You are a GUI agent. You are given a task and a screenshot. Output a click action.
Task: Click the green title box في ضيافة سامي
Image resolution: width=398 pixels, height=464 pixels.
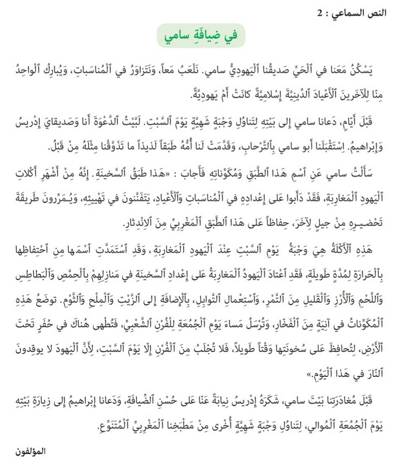[x=202, y=36]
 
